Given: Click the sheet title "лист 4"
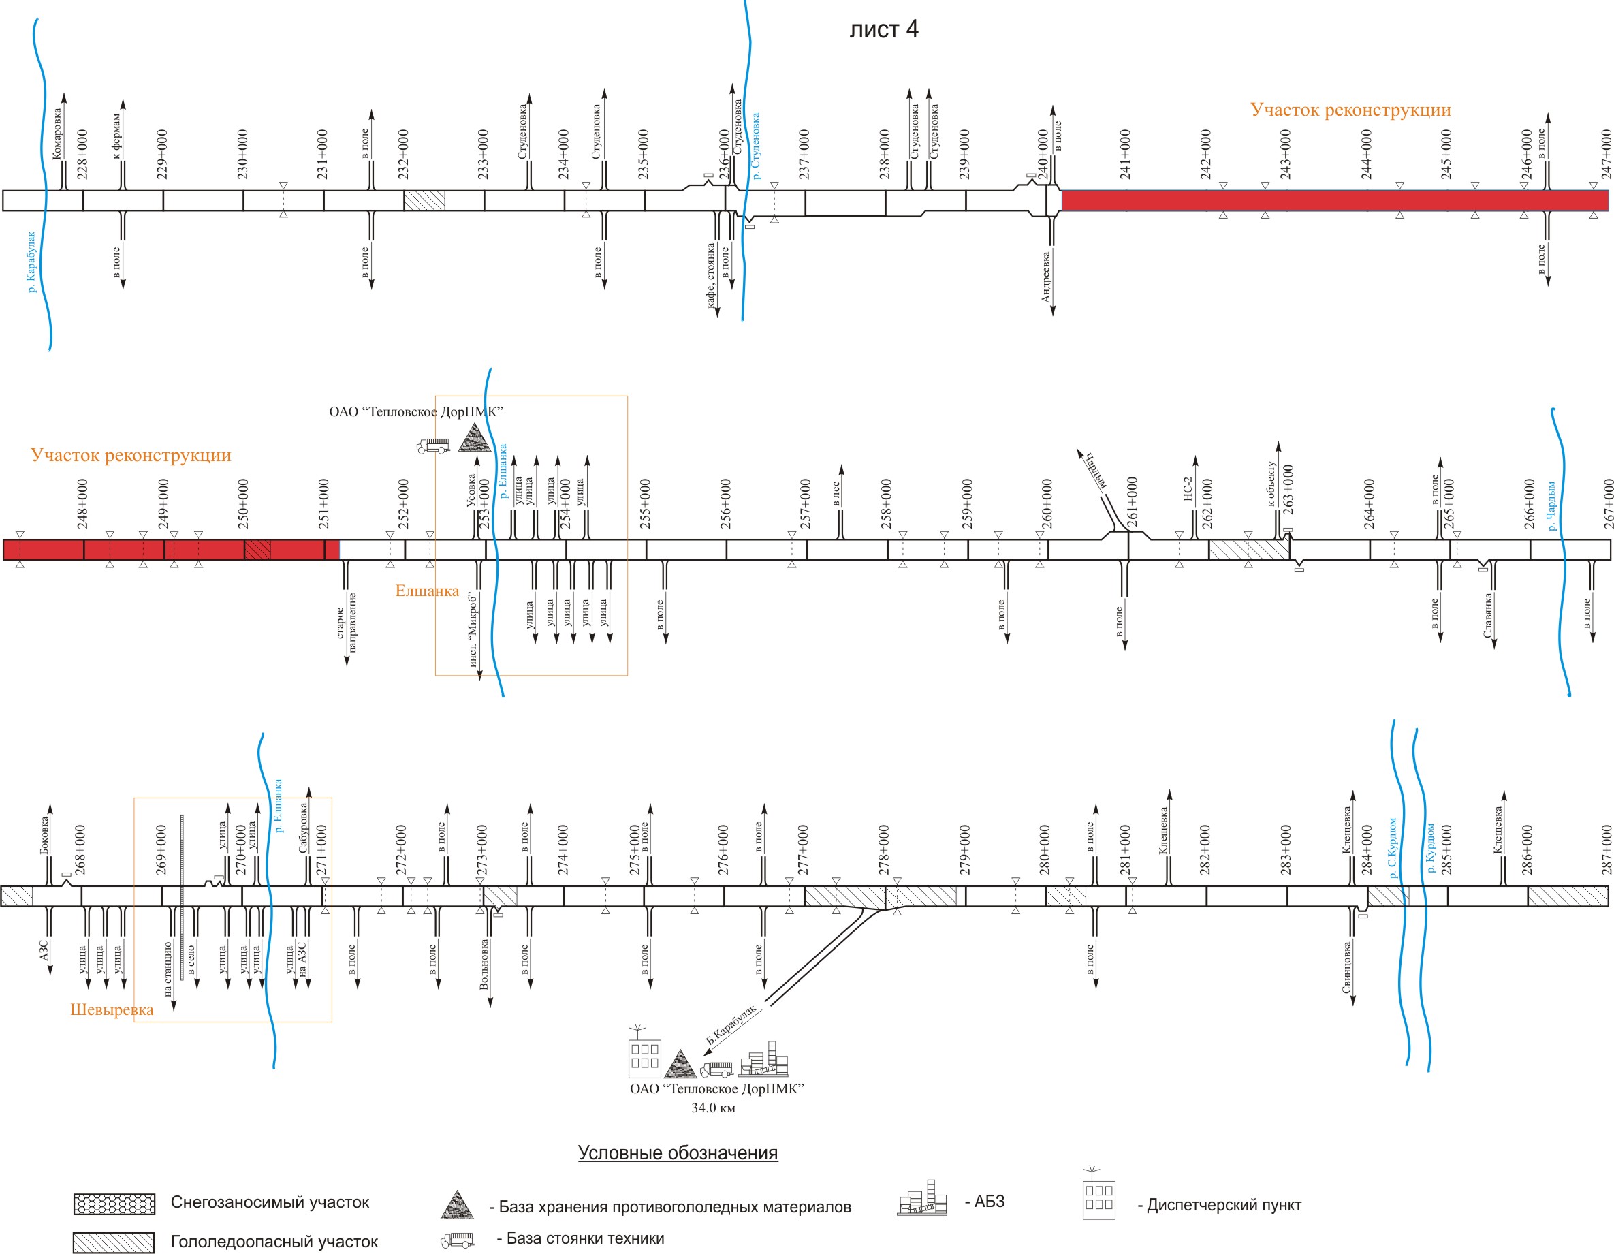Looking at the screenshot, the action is point(883,29).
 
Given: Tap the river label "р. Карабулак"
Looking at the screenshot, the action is point(31,262).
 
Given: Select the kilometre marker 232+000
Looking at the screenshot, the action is point(402,154).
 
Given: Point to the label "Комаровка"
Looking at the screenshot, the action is point(58,134).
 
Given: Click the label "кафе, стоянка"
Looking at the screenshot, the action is point(710,275).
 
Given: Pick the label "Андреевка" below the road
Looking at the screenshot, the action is point(1046,277).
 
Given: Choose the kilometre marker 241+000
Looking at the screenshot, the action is point(1125,154).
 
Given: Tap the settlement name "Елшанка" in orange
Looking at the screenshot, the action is point(427,591).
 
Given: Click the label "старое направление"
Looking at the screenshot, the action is point(346,622).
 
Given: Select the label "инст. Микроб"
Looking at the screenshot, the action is point(473,629).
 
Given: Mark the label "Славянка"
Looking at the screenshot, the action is point(1487,615).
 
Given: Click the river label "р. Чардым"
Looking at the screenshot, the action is point(1552,505).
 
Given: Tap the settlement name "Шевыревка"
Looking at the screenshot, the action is point(112,1009).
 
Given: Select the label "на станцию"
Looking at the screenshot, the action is point(168,969).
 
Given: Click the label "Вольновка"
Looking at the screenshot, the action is point(484,965).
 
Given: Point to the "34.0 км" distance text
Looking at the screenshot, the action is point(713,1108).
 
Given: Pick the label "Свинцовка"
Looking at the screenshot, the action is point(1346,967).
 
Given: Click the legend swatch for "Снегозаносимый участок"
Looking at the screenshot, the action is point(114,1203).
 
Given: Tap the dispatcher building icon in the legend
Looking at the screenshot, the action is point(1098,1194).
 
